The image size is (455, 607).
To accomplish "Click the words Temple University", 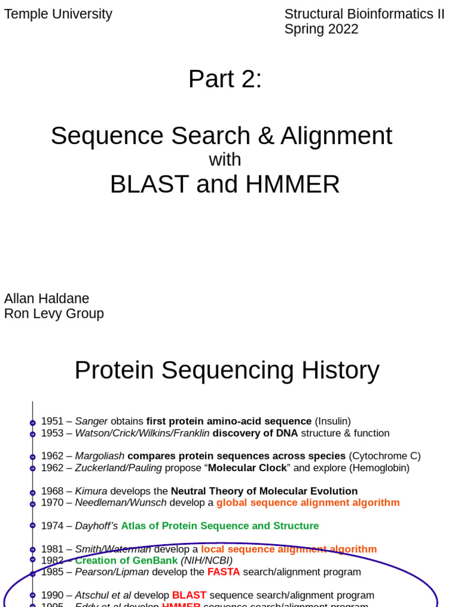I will (x=58, y=14).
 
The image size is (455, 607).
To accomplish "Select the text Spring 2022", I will (x=321, y=29).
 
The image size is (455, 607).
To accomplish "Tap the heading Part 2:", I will (x=225, y=79).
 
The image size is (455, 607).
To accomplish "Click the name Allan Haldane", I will (x=47, y=298).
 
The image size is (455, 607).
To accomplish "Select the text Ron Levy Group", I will (x=54, y=314).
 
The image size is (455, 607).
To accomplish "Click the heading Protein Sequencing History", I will (x=227, y=370).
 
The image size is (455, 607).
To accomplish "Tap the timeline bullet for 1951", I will (x=33, y=422).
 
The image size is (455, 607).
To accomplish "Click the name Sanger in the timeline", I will (x=91, y=421).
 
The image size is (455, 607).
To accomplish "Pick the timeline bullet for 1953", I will (x=33, y=434).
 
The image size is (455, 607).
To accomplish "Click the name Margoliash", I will (x=100, y=456).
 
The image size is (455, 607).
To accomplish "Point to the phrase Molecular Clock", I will (x=246, y=468).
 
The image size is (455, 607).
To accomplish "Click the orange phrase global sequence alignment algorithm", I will (x=308, y=503).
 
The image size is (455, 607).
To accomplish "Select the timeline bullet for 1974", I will (x=33, y=526).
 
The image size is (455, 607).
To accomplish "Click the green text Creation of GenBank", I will (x=126, y=560).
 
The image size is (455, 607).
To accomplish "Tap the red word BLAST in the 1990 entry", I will (x=189, y=595).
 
